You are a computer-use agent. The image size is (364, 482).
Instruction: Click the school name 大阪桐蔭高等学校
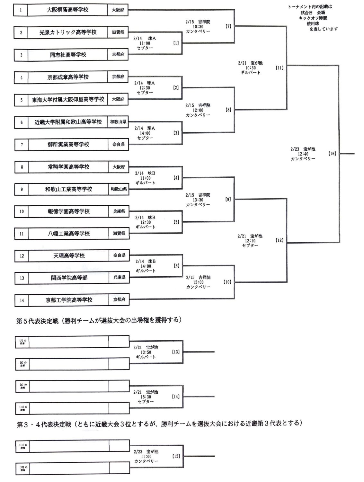point(67,10)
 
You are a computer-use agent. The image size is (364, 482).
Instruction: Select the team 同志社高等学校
point(68,55)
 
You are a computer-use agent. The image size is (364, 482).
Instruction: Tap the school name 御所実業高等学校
point(68,145)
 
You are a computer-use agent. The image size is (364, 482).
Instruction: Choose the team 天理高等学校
point(69,256)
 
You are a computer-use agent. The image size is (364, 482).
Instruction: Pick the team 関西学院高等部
point(69,278)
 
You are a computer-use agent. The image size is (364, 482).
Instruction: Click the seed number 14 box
point(22,300)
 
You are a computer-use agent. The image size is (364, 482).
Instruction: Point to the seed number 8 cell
point(22,167)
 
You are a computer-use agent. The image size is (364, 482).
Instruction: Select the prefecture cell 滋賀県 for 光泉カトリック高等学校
point(118,32)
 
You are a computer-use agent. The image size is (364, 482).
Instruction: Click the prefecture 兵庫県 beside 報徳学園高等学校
point(119,211)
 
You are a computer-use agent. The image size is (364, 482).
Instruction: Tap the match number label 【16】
point(332,154)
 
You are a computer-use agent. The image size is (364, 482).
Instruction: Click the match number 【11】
point(280,68)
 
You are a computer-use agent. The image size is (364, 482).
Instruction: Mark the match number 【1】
point(176,43)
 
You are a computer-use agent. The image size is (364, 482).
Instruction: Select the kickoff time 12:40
point(303,154)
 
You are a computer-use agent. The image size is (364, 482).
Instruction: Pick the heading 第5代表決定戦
point(37,320)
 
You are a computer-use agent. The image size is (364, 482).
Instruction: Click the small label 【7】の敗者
point(22,342)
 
